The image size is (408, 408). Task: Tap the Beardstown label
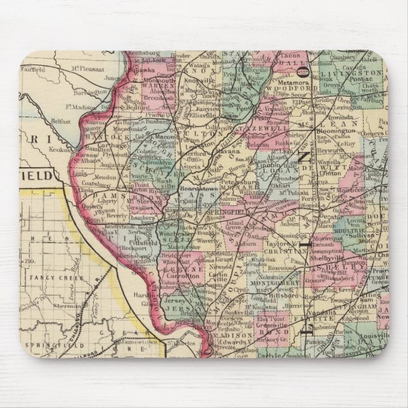pos(194,189)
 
